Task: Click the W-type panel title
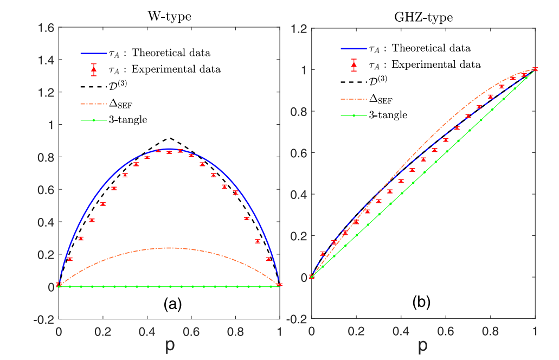pos(169,16)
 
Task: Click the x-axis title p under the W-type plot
pos(169,346)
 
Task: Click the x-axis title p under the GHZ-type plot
pos(423,346)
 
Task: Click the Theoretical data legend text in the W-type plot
pos(171,53)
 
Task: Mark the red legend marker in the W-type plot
pos(94,69)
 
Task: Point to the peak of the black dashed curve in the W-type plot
pos(169,138)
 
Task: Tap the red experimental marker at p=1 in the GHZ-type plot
pos(535,69)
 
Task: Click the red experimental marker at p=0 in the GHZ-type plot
pos(311,277)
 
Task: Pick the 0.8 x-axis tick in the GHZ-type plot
pos(490,329)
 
